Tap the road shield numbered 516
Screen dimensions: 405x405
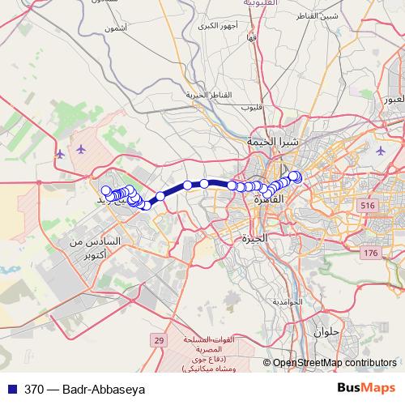369,206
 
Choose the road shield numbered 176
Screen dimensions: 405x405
370,254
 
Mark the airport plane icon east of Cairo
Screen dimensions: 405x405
381,151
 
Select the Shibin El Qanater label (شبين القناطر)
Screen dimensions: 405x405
318,16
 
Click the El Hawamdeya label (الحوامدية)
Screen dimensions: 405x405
287,301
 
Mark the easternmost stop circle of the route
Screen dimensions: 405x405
296,177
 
